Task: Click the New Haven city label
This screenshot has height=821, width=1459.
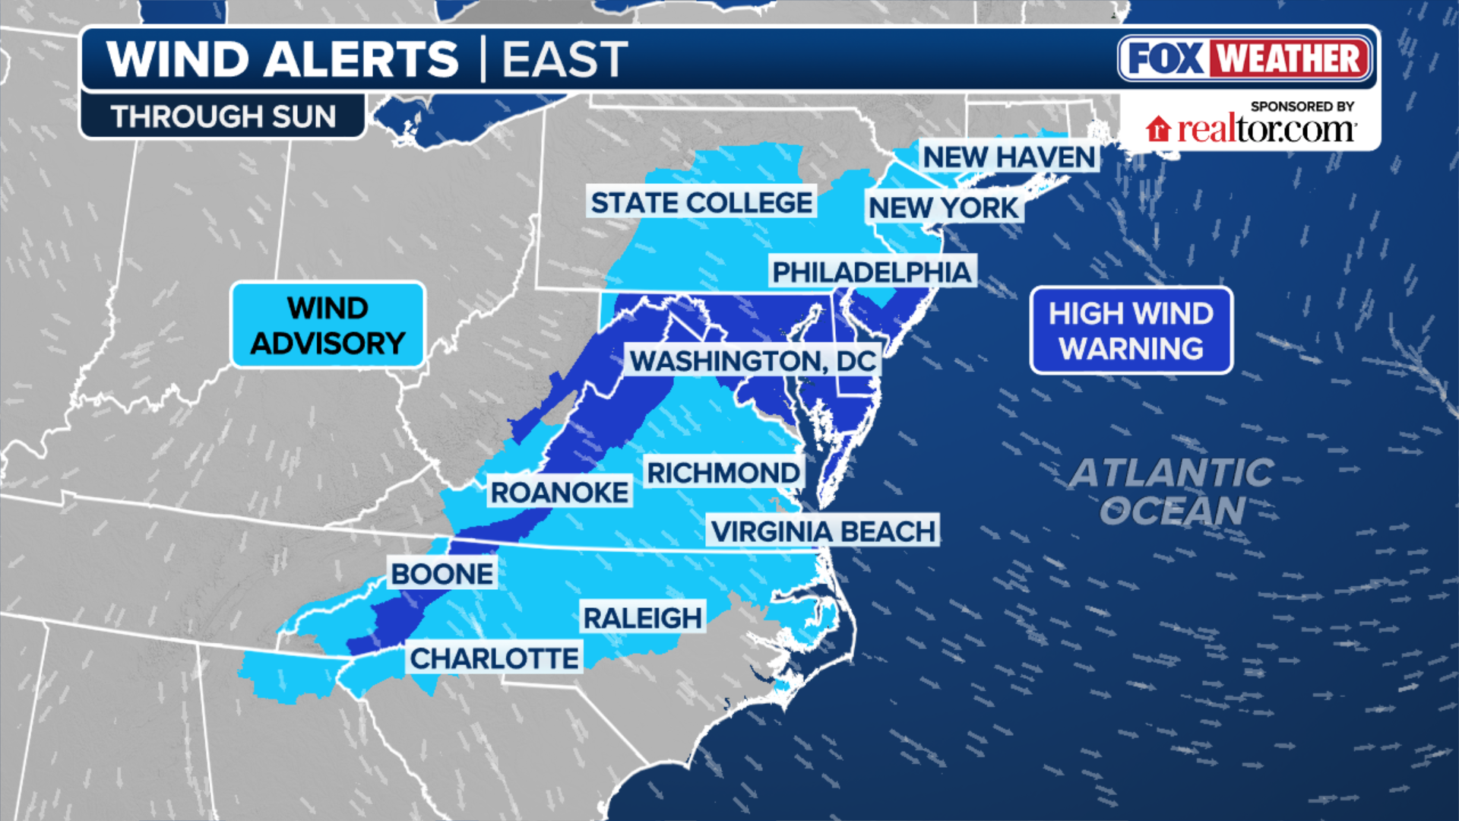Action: coord(1008,157)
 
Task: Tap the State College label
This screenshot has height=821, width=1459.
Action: coord(701,203)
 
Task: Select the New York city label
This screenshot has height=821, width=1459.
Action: coord(943,208)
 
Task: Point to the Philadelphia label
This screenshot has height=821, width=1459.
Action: coord(872,272)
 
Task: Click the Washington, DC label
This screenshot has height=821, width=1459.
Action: coord(753,361)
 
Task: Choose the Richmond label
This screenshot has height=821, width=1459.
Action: coord(723,473)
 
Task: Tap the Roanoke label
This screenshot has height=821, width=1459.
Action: coord(559,493)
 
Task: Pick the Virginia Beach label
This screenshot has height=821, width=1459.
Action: coord(823,531)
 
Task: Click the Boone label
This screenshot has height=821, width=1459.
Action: coord(442,574)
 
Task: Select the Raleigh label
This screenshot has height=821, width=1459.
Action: coord(642,618)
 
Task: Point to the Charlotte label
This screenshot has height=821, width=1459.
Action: coord(495,658)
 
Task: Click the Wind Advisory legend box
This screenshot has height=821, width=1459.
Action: coord(328,325)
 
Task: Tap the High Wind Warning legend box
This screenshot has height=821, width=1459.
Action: coord(1131,331)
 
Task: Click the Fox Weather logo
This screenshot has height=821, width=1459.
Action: coord(1245,59)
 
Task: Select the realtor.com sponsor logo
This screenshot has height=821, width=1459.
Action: coord(1264,129)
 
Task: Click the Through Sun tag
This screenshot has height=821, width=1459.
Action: coord(223,116)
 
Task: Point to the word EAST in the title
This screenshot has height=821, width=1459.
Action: coord(565,59)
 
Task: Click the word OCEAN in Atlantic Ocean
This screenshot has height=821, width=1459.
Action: coord(1173,510)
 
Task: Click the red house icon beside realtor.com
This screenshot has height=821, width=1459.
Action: coord(1158,129)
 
